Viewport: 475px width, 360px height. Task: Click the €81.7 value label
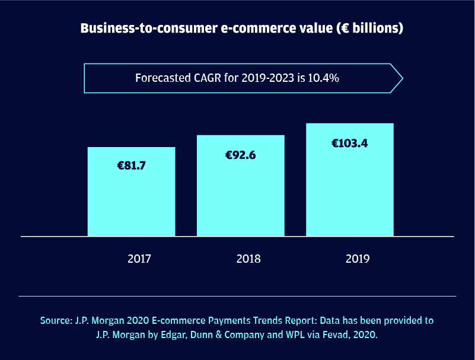click(131, 166)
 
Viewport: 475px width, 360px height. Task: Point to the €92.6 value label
click(240, 155)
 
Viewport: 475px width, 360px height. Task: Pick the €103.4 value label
click(349, 143)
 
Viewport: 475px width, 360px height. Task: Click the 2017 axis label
click(139, 259)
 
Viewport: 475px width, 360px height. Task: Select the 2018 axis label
click(248, 259)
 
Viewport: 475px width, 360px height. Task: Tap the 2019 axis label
click(357, 259)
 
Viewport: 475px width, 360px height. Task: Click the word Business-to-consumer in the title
click(140, 28)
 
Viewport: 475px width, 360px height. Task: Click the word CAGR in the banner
click(209, 78)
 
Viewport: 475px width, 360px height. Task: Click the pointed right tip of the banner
click(401, 78)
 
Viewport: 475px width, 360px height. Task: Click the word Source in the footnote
click(56, 321)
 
